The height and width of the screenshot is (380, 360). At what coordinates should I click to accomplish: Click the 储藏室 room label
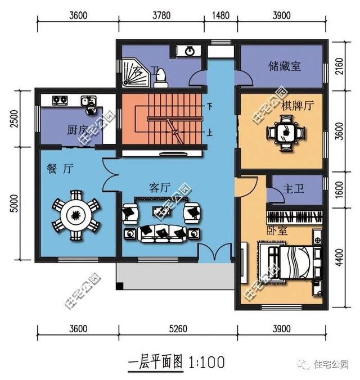click(x=285, y=66)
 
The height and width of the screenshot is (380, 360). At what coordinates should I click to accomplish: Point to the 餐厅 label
click(x=58, y=168)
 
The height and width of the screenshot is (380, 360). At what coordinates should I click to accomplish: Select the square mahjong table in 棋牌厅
click(x=286, y=133)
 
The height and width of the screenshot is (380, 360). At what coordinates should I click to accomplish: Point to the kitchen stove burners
click(x=60, y=101)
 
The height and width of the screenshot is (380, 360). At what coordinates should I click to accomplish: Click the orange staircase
click(x=162, y=120)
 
